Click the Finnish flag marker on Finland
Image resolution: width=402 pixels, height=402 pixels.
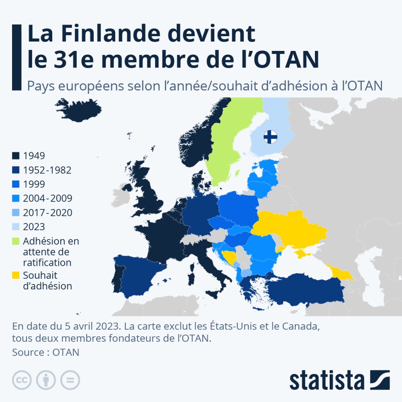(271, 136)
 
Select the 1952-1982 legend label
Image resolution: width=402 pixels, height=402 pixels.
(47, 170)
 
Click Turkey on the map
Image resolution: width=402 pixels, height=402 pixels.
(304, 290)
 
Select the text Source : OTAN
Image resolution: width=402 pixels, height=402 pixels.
(46, 352)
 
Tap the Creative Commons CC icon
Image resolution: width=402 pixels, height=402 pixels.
(21, 380)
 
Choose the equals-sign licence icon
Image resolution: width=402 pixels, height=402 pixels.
(70, 380)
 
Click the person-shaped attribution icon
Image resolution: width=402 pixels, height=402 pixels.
(46, 380)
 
